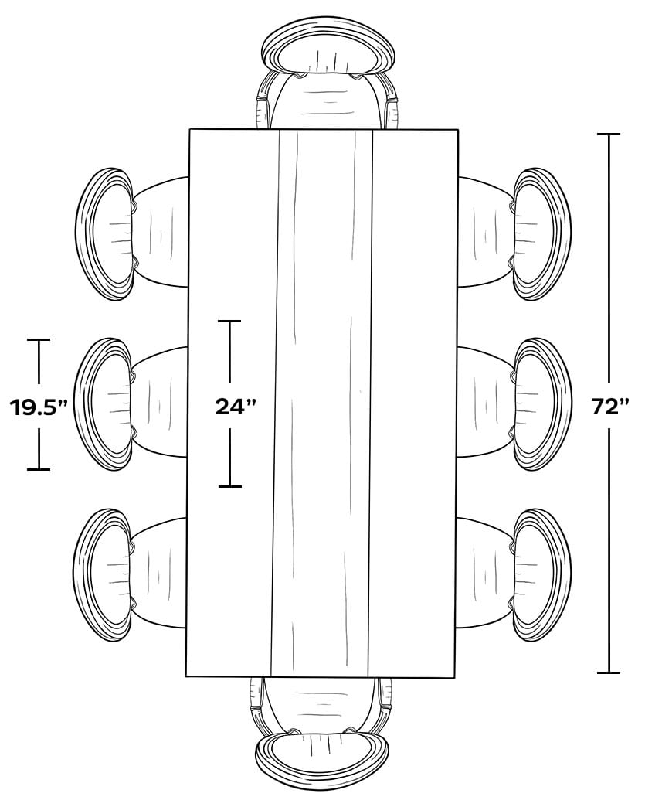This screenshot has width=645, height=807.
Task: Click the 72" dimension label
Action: pyautogui.click(x=610, y=407)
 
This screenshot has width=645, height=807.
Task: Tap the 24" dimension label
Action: pyautogui.click(x=236, y=407)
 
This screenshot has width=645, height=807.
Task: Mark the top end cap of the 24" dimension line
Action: pyautogui.click(x=229, y=321)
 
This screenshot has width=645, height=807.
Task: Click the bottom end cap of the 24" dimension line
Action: pyautogui.click(x=229, y=485)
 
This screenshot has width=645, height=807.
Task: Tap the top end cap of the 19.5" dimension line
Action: pyautogui.click(x=39, y=339)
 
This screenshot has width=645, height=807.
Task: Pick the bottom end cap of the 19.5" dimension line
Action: pyautogui.click(x=39, y=469)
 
